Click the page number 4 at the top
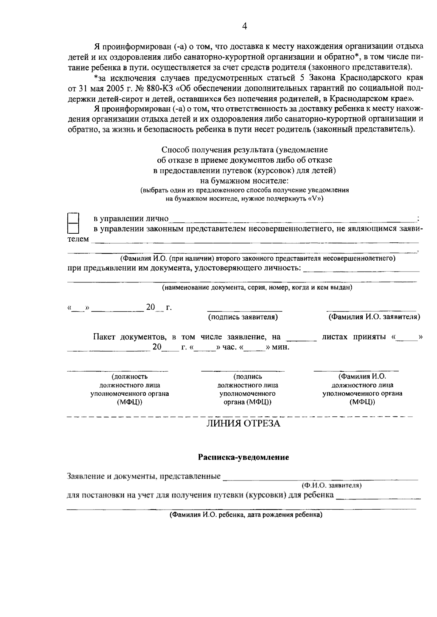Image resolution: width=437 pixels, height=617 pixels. (244, 26)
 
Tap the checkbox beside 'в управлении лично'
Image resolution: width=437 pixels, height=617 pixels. (74, 218)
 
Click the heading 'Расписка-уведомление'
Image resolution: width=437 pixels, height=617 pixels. (243, 457)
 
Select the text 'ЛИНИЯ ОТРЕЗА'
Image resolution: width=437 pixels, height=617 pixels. (243, 423)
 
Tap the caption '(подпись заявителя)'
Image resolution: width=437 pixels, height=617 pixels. (243, 317)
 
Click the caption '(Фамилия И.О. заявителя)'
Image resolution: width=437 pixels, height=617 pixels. (374, 317)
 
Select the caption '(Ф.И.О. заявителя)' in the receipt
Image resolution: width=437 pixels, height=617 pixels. (331, 486)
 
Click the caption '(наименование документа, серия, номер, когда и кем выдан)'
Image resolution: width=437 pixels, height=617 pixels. (257, 287)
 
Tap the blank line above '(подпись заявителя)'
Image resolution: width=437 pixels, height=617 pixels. (245, 310)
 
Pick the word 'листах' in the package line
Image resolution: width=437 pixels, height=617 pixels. (335, 337)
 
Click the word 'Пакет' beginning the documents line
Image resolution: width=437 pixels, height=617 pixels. (104, 337)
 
